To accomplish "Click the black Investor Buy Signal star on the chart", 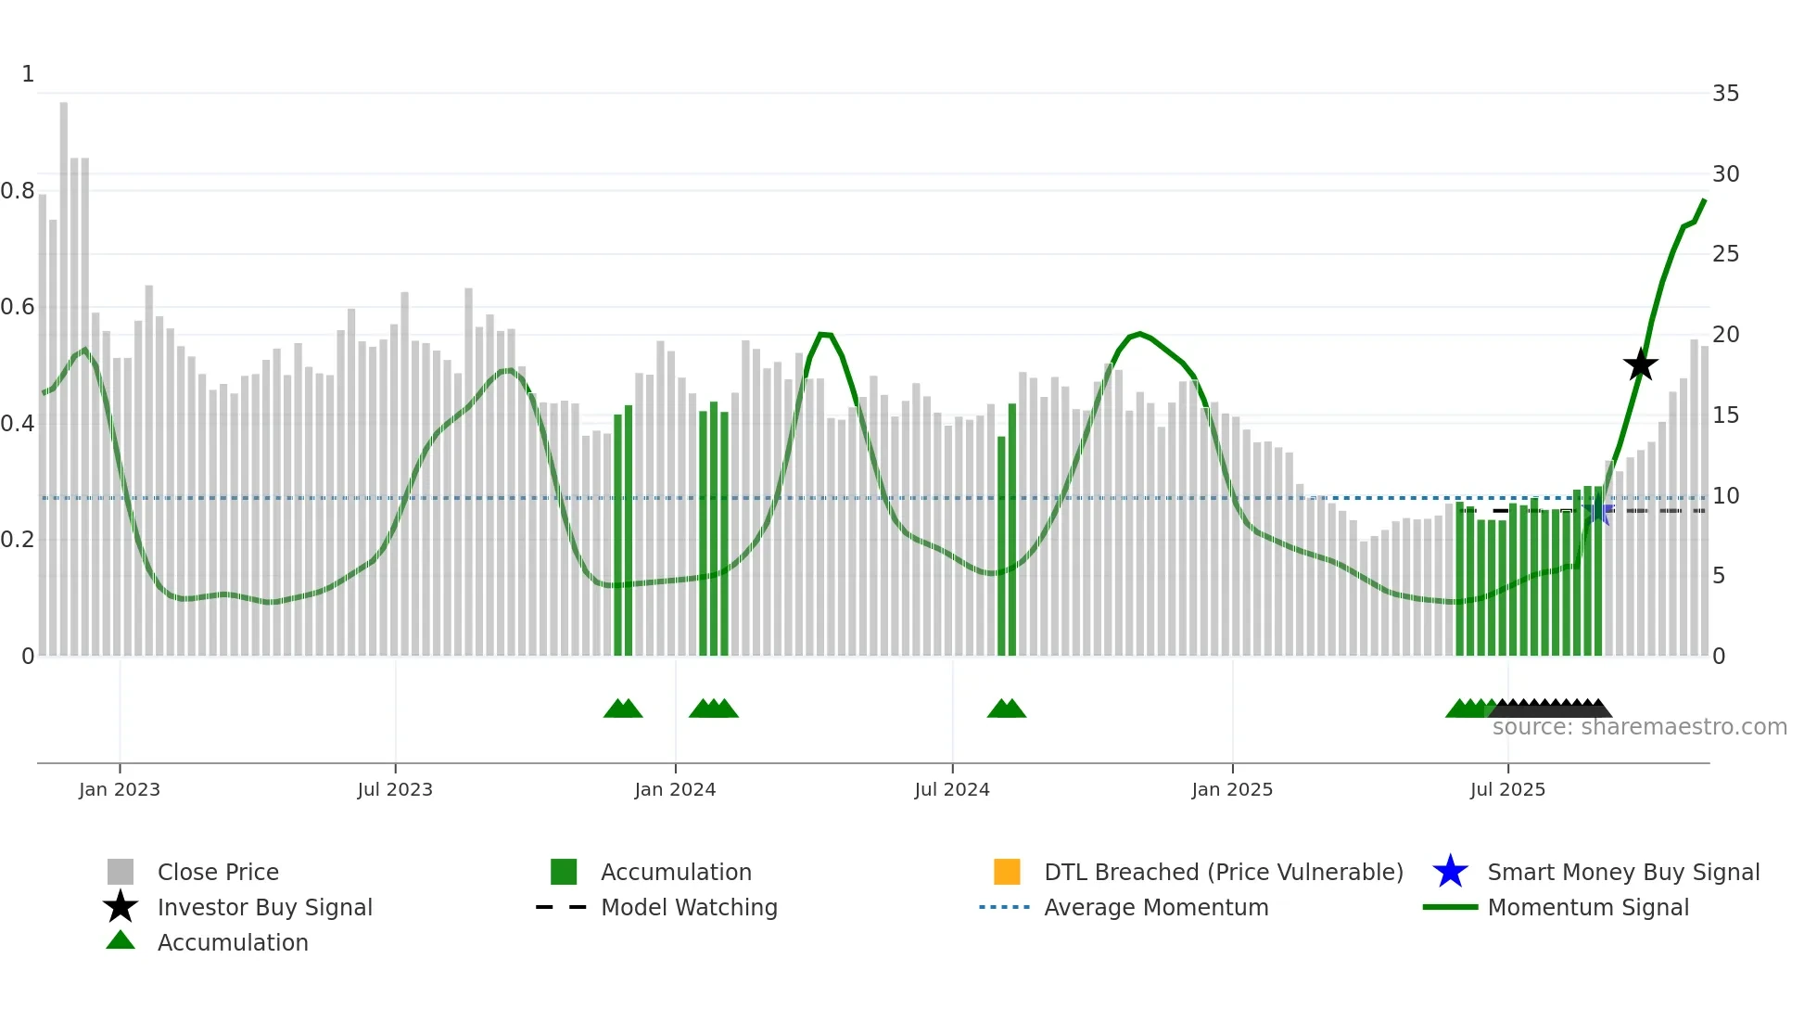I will click(1640, 364).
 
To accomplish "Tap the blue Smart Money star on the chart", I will click(1598, 512).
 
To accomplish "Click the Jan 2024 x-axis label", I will click(675, 789).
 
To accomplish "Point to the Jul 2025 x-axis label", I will click(1507, 789).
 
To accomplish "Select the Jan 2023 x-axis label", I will click(120, 789).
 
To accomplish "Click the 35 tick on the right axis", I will click(1725, 94).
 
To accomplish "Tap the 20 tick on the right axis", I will click(1725, 335).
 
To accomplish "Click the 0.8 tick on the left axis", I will click(18, 191).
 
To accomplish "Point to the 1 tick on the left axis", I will click(28, 74).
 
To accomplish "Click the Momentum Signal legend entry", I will click(1587, 907).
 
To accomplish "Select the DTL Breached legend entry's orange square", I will click(1007, 872).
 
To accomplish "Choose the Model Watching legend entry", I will click(688, 907).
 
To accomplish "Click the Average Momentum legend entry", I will click(1155, 907).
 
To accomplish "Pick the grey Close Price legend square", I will click(121, 872).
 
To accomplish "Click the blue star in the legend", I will click(1450, 872).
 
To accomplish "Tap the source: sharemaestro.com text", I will click(1639, 727).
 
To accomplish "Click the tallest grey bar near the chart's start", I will click(64, 371).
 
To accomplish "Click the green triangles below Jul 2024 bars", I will click(1006, 709).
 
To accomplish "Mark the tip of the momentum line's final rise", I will click(1704, 199).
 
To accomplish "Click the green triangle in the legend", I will click(121, 940).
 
